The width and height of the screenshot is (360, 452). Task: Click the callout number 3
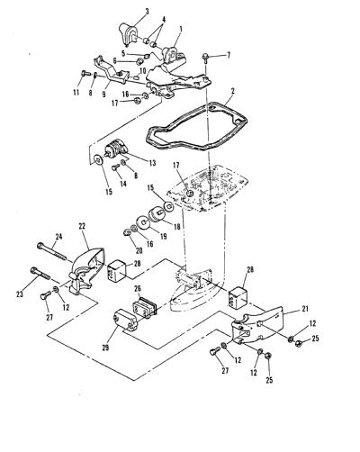pos(147,12)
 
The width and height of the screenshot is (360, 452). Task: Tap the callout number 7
pos(229,55)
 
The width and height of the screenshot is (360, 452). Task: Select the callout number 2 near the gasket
pos(233,91)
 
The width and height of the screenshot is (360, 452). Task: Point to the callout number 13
pos(152,163)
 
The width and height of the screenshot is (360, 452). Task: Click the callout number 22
pos(83,226)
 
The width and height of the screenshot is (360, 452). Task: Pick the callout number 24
pos(58,237)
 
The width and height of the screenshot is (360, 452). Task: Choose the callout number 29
pos(105,348)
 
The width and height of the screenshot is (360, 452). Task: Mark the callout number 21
pos(305,309)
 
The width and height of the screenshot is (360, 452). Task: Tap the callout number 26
pos(138,289)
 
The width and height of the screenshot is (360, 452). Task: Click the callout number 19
pos(163,236)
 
